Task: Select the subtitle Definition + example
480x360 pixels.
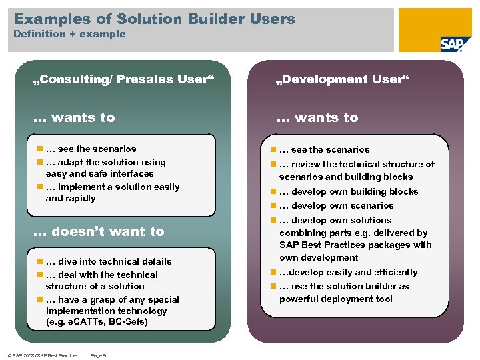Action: click(69, 34)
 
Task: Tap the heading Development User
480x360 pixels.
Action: click(343, 80)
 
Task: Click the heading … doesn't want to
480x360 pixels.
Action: click(99, 231)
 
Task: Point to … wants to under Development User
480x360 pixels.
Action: click(317, 117)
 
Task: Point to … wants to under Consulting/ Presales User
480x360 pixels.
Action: click(74, 117)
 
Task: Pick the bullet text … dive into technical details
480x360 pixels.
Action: click(109, 261)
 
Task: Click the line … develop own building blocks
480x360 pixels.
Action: click(349, 191)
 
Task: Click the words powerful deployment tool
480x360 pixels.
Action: click(336, 299)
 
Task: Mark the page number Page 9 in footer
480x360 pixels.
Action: click(98, 355)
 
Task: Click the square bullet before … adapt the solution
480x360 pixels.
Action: click(40, 163)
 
